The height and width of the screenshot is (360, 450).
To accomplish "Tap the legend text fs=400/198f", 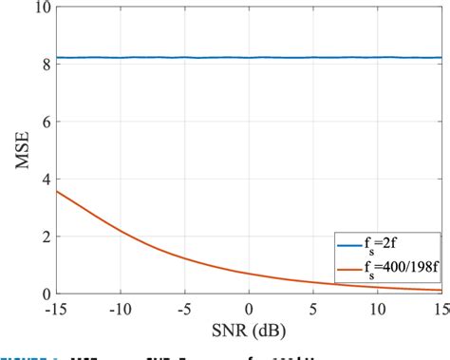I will tap(403, 270).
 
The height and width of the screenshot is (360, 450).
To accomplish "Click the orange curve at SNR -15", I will tap(58, 192).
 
